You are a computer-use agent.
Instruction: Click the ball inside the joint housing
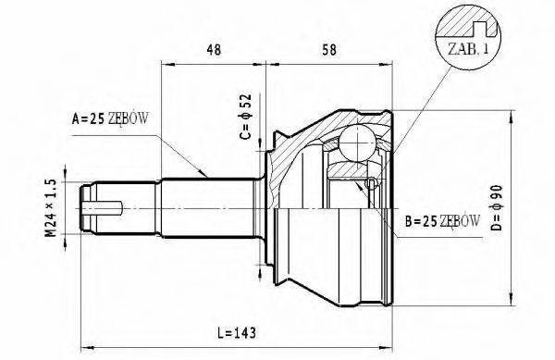356,143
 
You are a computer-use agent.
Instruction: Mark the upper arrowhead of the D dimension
511,114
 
